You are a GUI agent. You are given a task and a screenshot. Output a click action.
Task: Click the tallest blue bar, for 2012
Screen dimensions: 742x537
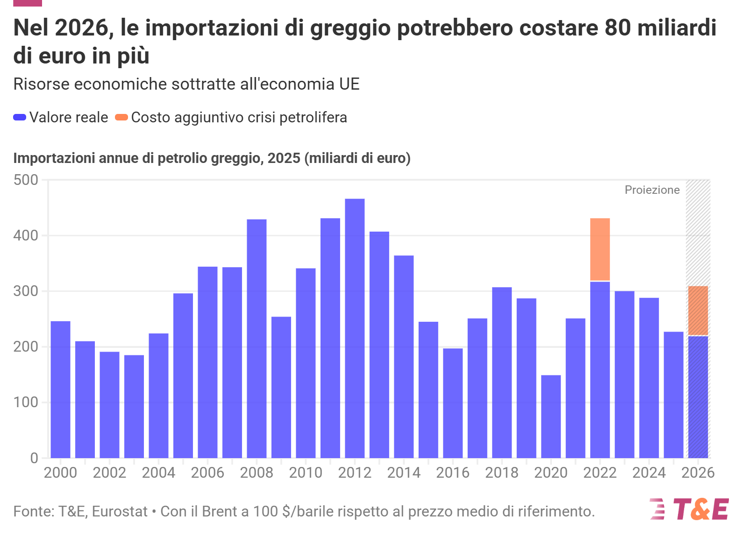click(x=355, y=328)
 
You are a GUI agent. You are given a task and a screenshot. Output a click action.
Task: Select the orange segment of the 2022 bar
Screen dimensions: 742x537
click(x=600, y=249)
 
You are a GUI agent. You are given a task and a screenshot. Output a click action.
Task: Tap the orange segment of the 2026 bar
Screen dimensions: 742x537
click(x=698, y=311)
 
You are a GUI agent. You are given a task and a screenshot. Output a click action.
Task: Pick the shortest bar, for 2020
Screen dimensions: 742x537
click(x=551, y=417)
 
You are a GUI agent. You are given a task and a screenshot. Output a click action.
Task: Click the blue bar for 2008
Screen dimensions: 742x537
click(x=257, y=339)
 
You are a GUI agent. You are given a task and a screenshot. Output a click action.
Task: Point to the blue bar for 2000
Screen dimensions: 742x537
click(x=61, y=389)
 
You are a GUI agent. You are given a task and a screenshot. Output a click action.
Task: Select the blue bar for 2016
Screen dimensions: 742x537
click(x=453, y=403)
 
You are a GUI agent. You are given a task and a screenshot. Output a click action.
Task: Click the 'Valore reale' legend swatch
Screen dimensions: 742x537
click(x=20, y=117)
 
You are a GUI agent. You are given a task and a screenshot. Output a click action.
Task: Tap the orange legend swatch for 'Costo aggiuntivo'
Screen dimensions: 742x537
click(x=121, y=117)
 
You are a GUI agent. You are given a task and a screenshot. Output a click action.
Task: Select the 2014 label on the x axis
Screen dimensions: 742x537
click(x=404, y=473)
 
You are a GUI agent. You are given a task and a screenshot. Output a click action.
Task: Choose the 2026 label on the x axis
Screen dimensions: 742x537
click(x=698, y=473)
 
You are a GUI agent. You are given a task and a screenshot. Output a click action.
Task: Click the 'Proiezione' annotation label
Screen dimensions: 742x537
click(x=652, y=190)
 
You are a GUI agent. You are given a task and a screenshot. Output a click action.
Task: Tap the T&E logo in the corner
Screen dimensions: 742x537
click(x=689, y=509)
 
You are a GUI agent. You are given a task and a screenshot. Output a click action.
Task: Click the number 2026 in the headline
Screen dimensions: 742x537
click(x=82, y=28)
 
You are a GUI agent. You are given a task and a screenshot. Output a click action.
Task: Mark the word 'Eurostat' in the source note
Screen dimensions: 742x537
click(x=120, y=511)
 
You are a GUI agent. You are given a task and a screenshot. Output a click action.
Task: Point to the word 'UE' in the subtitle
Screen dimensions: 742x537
click(x=350, y=84)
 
